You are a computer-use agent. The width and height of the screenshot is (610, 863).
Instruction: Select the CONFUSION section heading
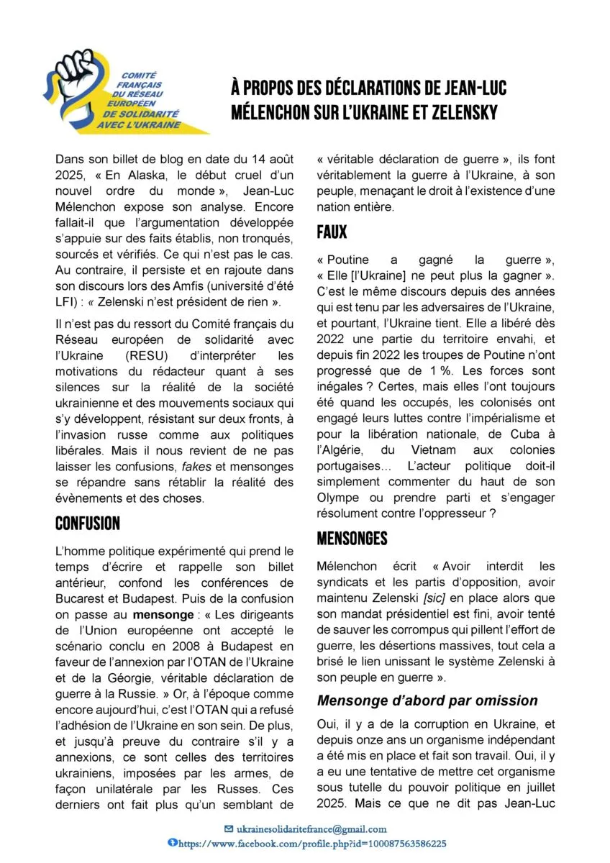tap(87, 523)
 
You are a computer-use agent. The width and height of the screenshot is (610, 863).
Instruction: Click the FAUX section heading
tap(332, 232)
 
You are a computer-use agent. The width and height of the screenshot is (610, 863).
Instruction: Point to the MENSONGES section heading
tap(352, 538)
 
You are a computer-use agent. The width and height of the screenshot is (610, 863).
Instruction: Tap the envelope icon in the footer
tap(229, 828)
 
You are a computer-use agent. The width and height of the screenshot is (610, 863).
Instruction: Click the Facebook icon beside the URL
tap(171, 842)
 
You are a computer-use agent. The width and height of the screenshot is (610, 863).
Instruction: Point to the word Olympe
tap(337, 498)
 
